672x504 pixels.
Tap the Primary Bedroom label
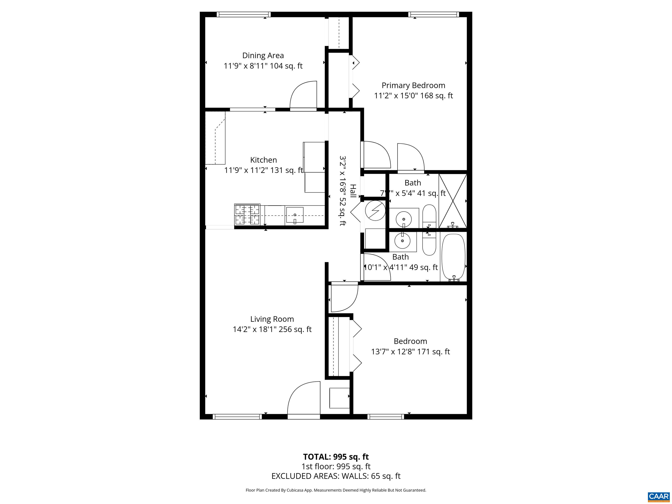click(413, 85)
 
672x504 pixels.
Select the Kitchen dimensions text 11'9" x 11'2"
click(263, 170)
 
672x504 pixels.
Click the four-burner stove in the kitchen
click(247, 214)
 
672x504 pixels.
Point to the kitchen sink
click(294, 215)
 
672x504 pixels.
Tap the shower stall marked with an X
click(453, 201)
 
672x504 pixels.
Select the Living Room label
click(272, 319)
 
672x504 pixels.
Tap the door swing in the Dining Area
click(303, 95)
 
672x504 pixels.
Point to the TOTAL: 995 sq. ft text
click(336, 457)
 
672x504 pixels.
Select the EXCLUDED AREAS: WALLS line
click(336, 476)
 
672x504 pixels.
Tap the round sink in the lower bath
click(402, 241)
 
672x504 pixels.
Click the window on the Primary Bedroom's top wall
click(433, 14)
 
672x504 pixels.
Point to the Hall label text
click(353, 191)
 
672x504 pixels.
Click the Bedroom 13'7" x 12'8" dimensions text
click(410, 352)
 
